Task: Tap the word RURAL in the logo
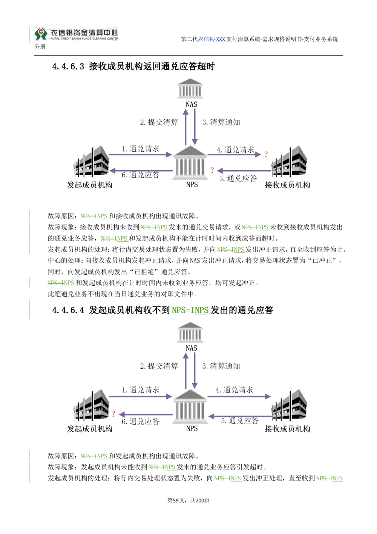coord(55,39)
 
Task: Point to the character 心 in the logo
coord(114,32)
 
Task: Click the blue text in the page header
coord(213,40)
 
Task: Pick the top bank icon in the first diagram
coord(190,89)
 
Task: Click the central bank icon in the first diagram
coord(190,163)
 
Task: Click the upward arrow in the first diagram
coord(185,127)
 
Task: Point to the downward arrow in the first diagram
coord(195,127)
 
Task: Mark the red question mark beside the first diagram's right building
coord(265,153)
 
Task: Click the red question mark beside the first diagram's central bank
coord(212,169)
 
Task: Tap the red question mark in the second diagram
coord(113,414)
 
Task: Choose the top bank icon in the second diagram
coord(190,332)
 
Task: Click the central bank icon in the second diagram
coord(190,407)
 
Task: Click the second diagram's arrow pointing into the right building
coord(239,397)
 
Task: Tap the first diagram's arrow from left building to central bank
coord(140,154)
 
